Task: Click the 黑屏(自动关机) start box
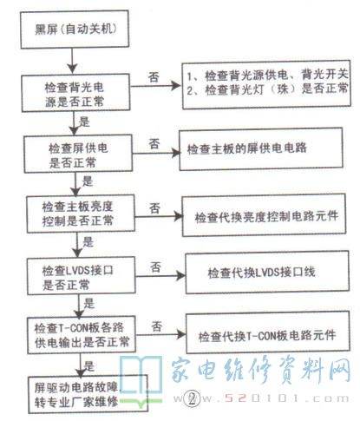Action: pyautogui.click(x=75, y=30)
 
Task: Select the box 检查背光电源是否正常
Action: pyautogui.click(x=75, y=93)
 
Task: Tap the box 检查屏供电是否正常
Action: pyautogui.click(x=78, y=154)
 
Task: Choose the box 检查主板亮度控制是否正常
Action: pyautogui.click(x=81, y=214)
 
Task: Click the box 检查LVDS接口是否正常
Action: pyautogui.click(x=82, y=275)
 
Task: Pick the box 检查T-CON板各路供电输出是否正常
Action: pyautogui.click(x=82, y=335)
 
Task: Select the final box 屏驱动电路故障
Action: pyautogui.click(x=88, y=394)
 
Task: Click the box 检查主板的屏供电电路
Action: pyautogui.click(x=261, y=149)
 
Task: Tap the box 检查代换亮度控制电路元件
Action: pyautogui.click(x=264, y=215)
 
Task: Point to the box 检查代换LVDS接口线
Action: pyautogui.click(x=267, y=273)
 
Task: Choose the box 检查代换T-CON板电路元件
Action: pyautogui.click(x=267, y=332)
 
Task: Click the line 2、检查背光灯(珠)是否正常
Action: pyautogui.click(x=267, y=89)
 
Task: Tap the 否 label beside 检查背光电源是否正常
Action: pyautogui.click(x=154, y=77)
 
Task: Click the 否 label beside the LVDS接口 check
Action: pyautogui.click(x=155, y=266)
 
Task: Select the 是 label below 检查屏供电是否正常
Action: pyautogui.click(x=88, y=181)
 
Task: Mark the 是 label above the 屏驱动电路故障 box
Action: pyautogui.click(x=89, y=365)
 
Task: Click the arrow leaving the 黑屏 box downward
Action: pyautogui.click(x=72, y=61)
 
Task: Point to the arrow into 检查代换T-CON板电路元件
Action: pyautogui.click(x=161, y=335)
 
